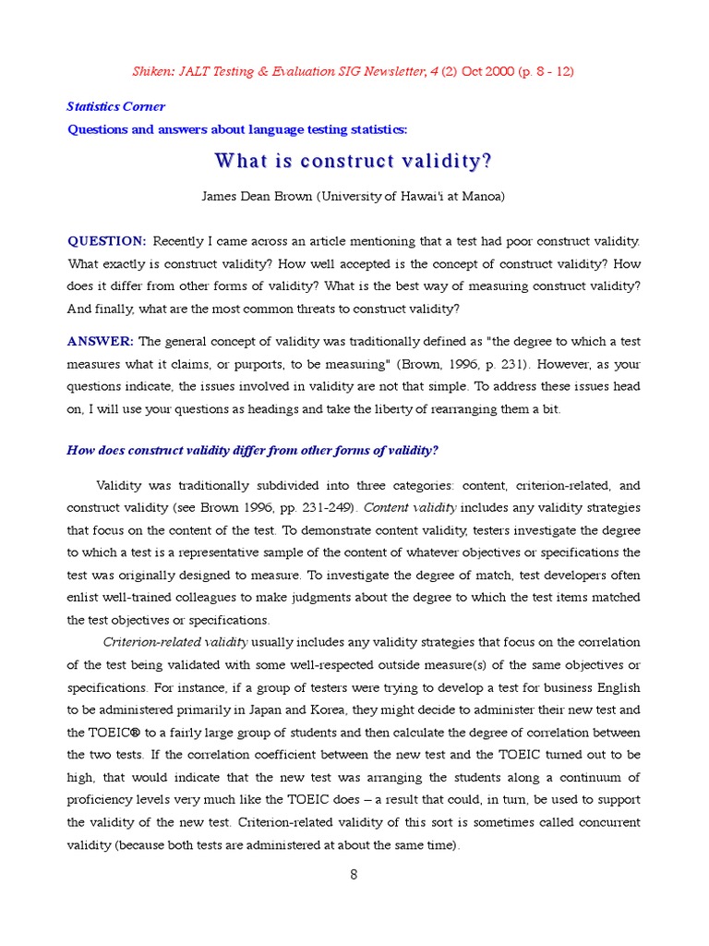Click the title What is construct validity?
click(354, 161)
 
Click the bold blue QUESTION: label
click(107, 241)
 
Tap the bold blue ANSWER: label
click(101, 341)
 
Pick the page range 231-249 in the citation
click(328, 507)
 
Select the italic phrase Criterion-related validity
click(175, 641)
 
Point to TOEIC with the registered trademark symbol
click(101, 732)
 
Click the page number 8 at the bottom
click(354, 875)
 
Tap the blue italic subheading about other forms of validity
click(253, 450)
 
